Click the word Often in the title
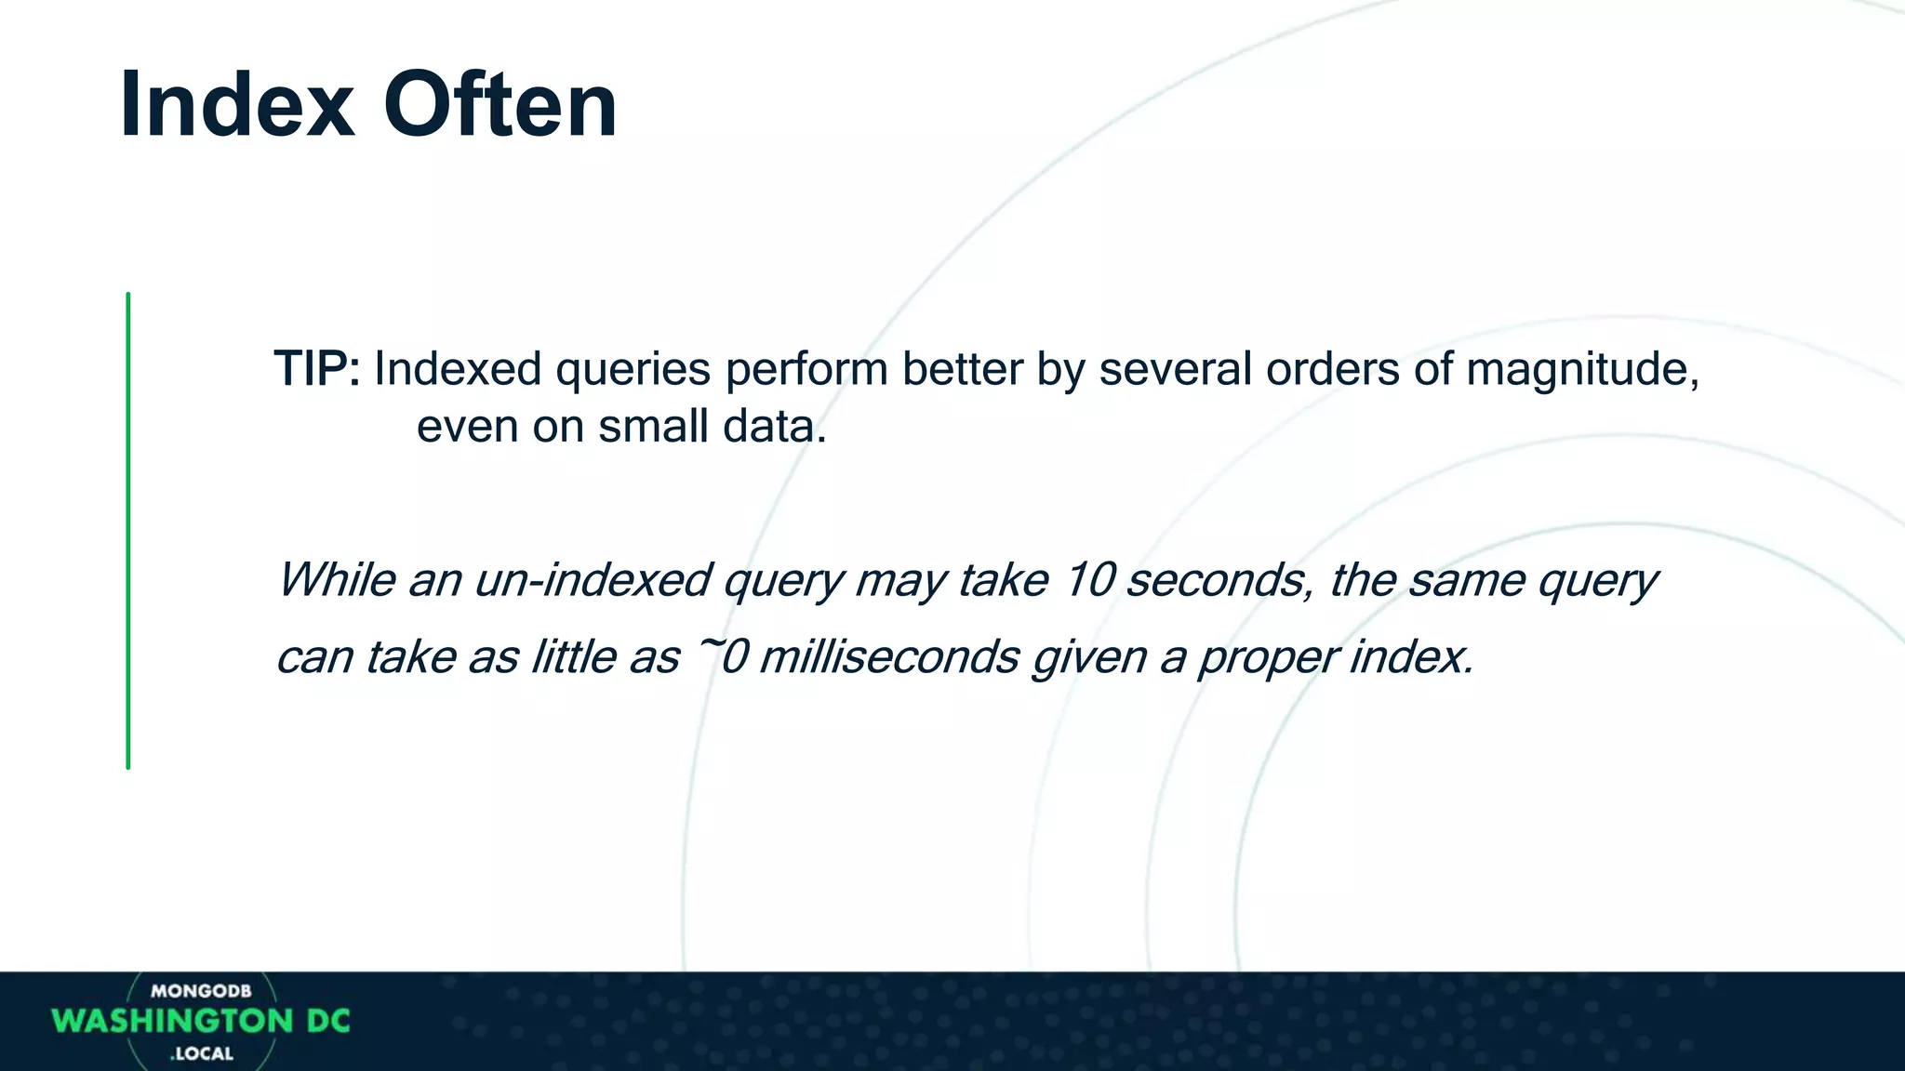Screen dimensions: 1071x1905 (500, 104)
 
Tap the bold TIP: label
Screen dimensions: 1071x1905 (316, 369)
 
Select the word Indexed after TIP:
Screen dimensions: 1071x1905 (458, 369)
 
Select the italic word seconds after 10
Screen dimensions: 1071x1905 (1219, 580)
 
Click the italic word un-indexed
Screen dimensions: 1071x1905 (593, 580)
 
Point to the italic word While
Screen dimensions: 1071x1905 (336, 580)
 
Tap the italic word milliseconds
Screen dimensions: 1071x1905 (889, 657)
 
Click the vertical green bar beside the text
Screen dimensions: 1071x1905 (128, 530)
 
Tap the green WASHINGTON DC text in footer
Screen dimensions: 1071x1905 (201, 1021)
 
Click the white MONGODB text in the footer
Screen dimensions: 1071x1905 (201, 991)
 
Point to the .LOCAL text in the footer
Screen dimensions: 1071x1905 (202, 1054)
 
